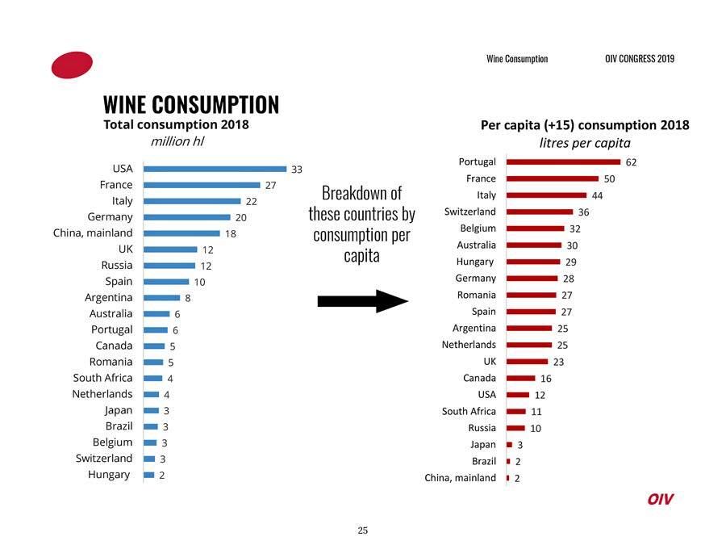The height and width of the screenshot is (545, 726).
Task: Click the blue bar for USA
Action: pyautogui.click(x=215, y=169)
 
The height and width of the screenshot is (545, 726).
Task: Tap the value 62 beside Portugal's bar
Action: pyautogui.click(x=631, y=161)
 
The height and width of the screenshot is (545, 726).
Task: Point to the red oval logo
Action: pyautogui.click(x=72, y=65)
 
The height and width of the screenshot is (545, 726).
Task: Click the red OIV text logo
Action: pyautogui.click(x=660, y=499)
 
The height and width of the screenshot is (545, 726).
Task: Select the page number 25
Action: pyautogui.click(x=363, y=530)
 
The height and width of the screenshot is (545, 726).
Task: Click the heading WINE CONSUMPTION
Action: pyautogui.click(x=191, y=105)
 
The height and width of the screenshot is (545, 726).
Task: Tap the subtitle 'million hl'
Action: pyautogui.click(x=177, y=141)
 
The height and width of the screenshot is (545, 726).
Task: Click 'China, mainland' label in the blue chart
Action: pyautogui.click(x=93, y=233)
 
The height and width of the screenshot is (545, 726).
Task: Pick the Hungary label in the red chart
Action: pyautogui.click(x=475, y=262)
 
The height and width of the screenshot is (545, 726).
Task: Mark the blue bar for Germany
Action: pyautogui.click(x=186, y=217)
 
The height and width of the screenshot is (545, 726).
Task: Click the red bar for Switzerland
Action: pyautogui.click(x=539, y=212)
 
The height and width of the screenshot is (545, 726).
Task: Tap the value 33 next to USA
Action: pyautogui.click(x=297, y=170)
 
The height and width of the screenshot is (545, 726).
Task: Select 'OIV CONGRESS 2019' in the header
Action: pyautogui.click(x=639, y=59)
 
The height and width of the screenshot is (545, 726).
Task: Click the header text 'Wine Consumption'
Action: pyautogui.click(x=517, y=59)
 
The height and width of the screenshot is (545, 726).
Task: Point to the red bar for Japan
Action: pyautogui.click(x=509, y=444)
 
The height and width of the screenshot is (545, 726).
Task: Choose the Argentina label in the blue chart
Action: pyautogui.click(x=109, y=297)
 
